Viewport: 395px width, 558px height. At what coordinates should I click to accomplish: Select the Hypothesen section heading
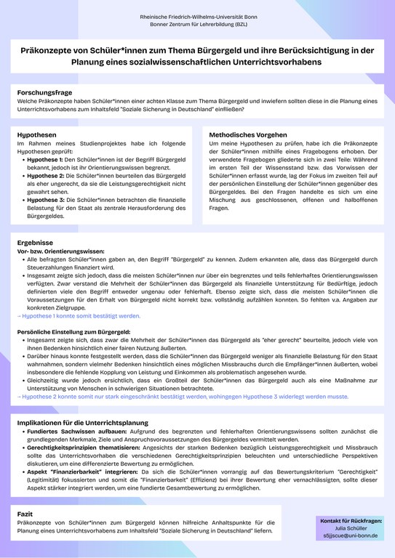tap(37, 135)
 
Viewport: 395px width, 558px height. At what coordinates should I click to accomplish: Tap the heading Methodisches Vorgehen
tap(247, 135)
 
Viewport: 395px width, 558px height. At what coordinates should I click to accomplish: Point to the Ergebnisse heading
tap(35, 241)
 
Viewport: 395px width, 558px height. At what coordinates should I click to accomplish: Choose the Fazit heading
tap(25, 513)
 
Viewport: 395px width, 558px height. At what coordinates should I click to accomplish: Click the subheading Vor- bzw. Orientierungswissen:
tap(60, 250)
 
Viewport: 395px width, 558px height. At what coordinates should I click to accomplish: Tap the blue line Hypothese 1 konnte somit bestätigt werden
tap(79, 316)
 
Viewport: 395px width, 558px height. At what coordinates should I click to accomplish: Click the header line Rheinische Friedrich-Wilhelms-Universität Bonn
tap(197, 16)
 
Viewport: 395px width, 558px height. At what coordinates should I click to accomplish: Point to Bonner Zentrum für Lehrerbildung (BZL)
tap(197, 24)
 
